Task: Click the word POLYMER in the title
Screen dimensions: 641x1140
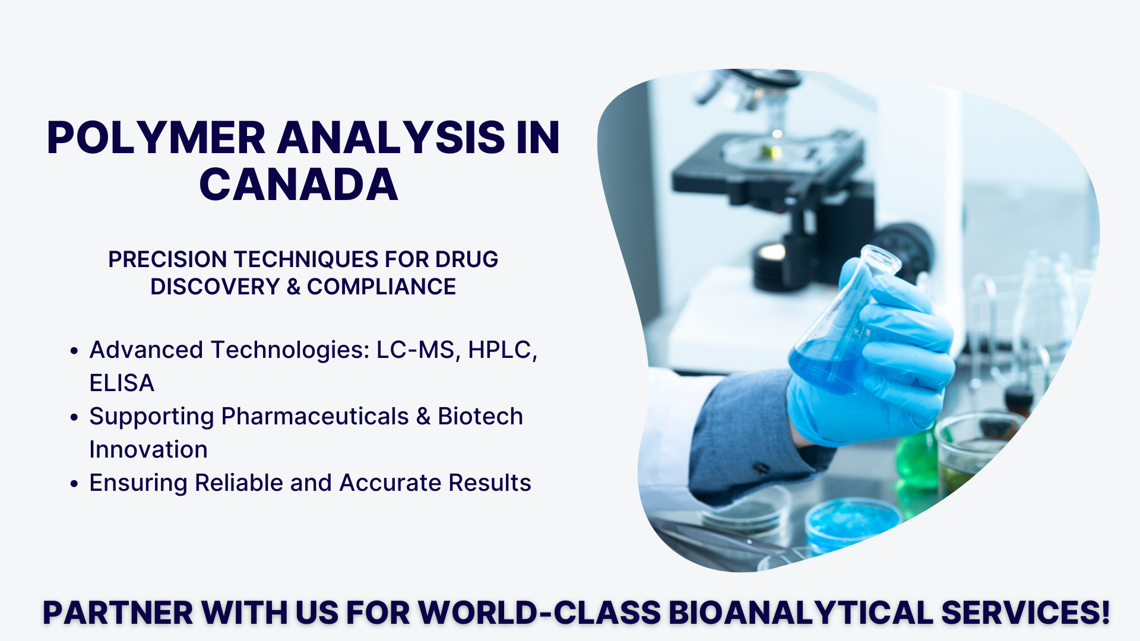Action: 156,138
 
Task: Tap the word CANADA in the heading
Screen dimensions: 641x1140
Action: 299,185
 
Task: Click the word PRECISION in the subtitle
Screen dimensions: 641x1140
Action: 167,259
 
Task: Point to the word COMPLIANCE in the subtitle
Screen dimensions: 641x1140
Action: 381,287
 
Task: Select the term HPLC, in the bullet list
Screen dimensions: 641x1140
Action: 502,350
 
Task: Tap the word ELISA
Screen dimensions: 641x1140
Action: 122,383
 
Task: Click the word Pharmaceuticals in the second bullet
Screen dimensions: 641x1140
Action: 315,417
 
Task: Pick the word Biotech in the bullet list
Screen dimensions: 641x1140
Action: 480,417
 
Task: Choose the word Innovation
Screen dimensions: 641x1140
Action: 148,450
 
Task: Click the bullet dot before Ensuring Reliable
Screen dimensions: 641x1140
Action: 74,484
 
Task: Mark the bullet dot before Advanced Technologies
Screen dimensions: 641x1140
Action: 74,351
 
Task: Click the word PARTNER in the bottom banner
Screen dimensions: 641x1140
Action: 118,613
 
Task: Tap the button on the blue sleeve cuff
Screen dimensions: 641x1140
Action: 761,469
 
